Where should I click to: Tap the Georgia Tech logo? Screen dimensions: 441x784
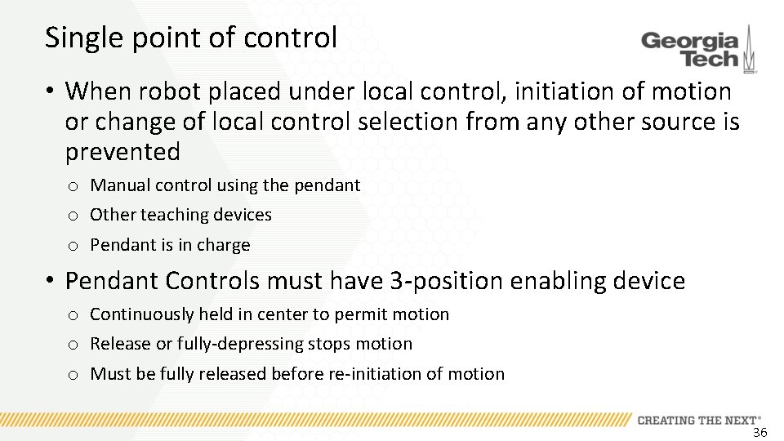(698, 49)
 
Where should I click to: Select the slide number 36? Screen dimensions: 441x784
(759, 433)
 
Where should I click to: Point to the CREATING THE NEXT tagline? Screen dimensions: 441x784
(698, 420)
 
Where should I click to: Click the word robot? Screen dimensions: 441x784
(167, 91)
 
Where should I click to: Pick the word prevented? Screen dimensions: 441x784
(122, 152)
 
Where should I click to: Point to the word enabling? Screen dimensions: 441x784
(559, 281)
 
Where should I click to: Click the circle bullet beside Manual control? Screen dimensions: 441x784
(73, 186)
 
